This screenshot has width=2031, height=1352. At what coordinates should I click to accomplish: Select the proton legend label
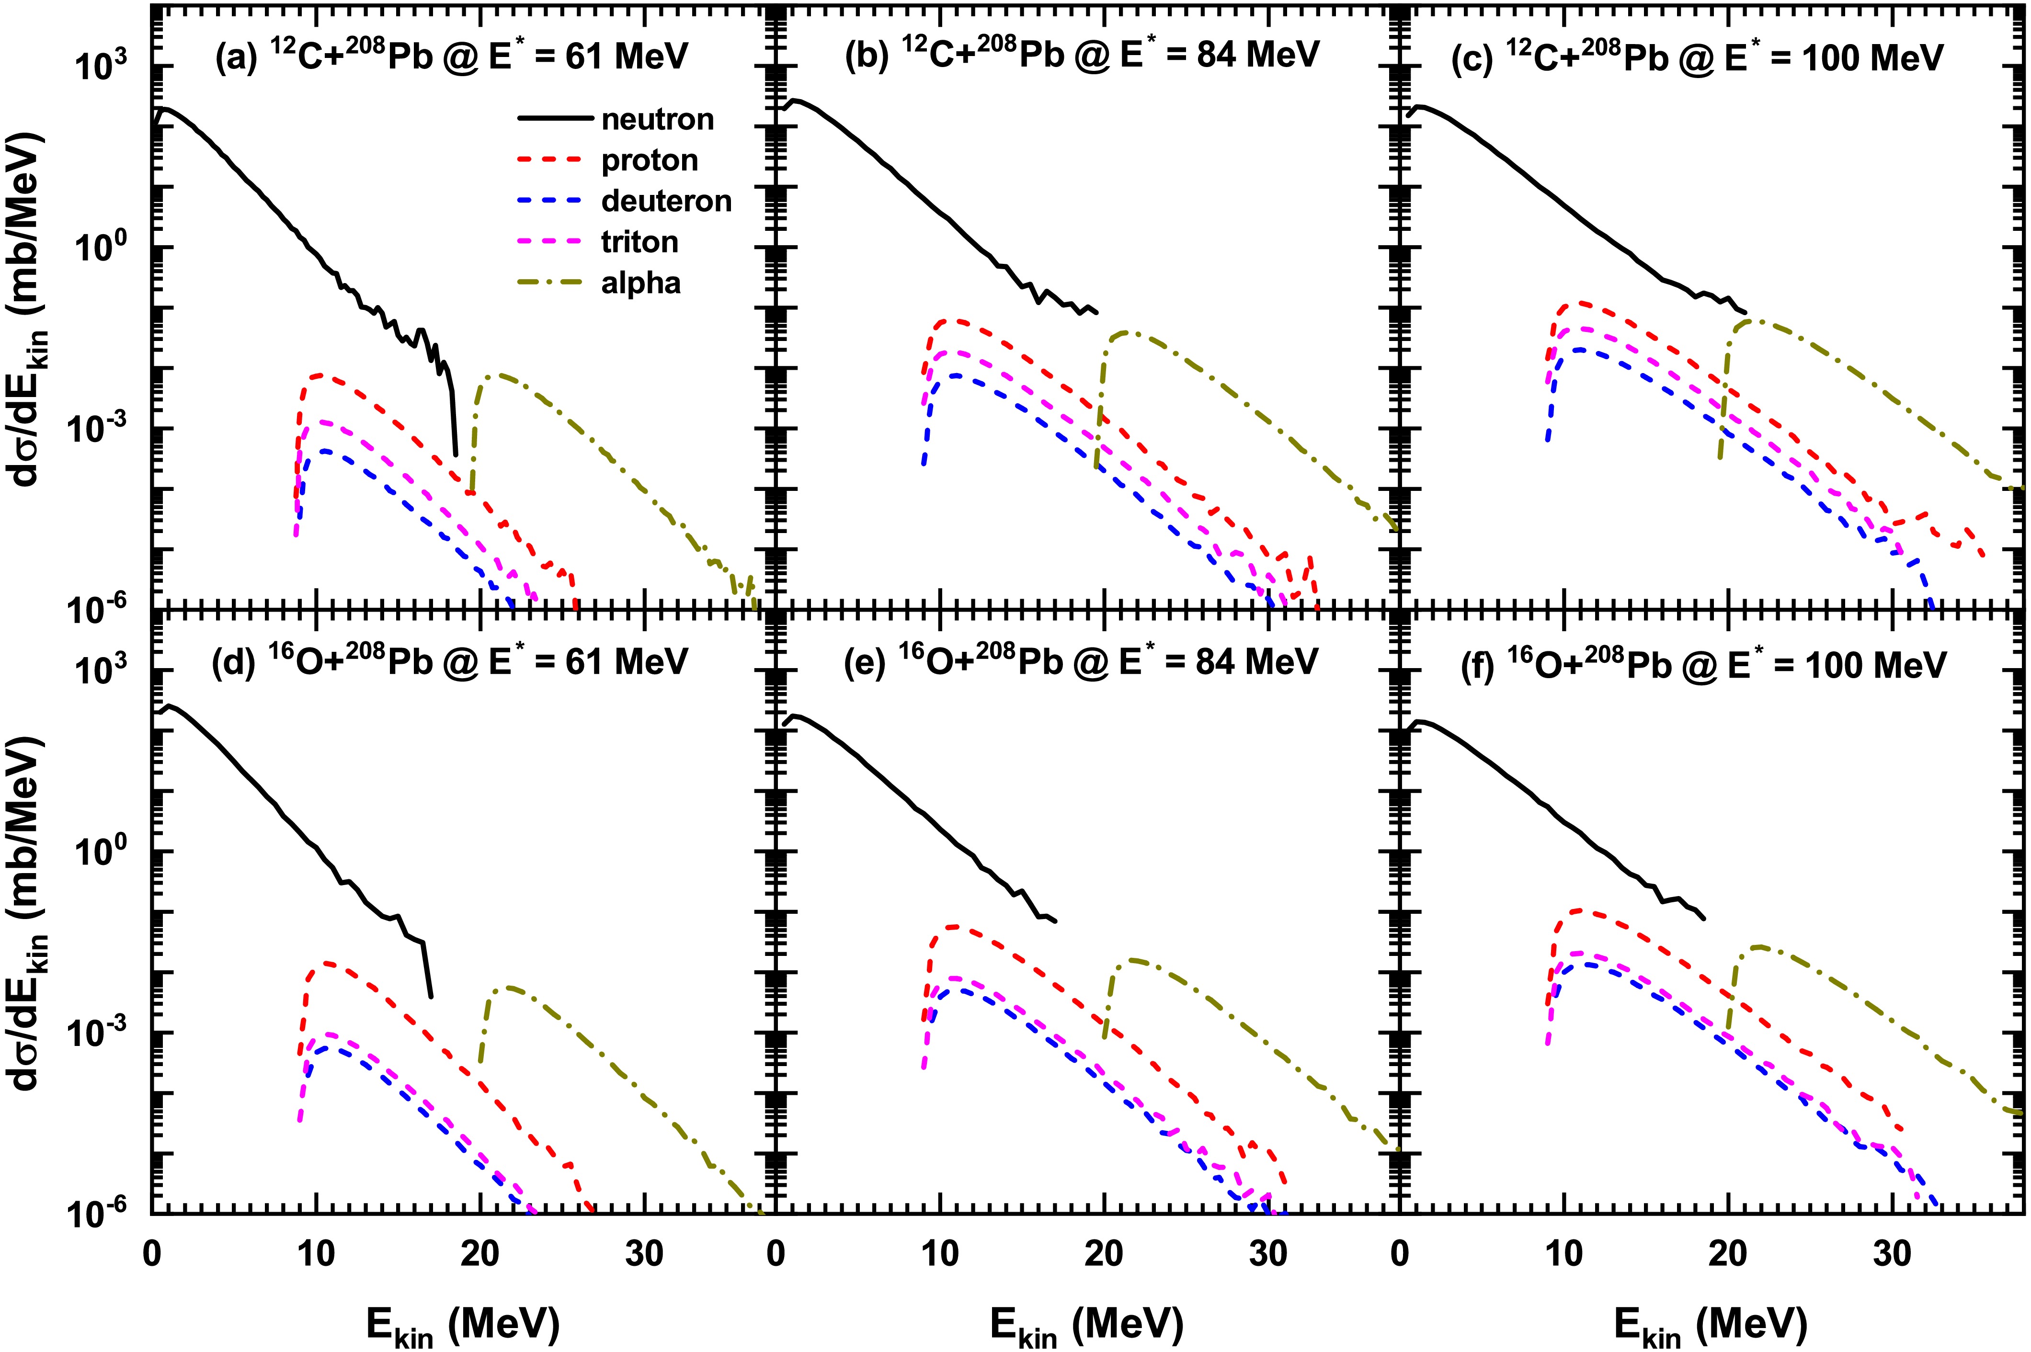(x=650, y=160)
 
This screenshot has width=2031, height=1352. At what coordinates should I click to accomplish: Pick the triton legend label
(x=639, y=242)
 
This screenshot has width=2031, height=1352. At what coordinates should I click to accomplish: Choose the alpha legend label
(x=641, y=283)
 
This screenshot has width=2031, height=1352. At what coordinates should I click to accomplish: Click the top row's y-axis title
(x=34, y=306)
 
